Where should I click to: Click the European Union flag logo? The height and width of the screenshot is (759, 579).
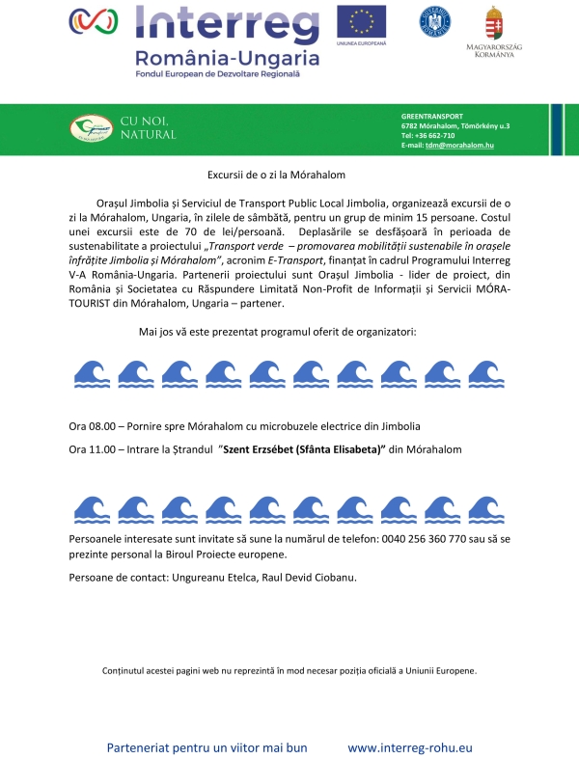[361, 21]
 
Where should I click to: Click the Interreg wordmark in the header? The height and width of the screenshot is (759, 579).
[227, 22]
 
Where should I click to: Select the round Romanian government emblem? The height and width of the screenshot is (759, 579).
[434, 21]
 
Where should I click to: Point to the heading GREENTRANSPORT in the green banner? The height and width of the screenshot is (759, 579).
[432, 116]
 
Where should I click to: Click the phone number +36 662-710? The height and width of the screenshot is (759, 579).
[433, 135]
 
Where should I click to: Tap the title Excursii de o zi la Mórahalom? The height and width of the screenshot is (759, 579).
[276, 176]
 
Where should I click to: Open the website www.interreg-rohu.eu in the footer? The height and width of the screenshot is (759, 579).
[410, 747]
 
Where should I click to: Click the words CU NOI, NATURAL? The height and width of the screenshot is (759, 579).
[148, 126]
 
